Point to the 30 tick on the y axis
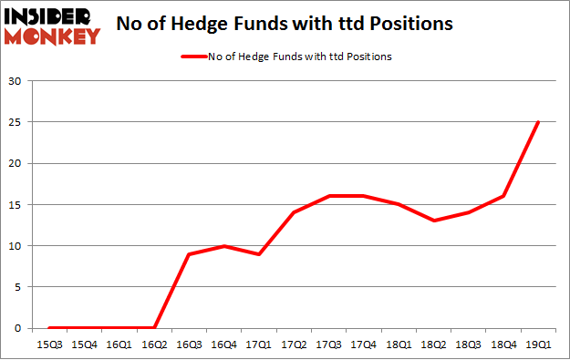[16, 81]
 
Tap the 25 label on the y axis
[16, 122]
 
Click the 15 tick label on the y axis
[16, 204]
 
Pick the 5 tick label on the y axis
[18, 286]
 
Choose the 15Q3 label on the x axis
[49, 344]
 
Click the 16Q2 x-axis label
[154, 344]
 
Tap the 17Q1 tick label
[259, 344]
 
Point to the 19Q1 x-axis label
[538, 344]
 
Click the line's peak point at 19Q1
[538, 122]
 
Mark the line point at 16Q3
[189, 253]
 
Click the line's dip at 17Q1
[259, 253]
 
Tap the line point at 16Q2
[154, 327]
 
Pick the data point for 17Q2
[294, 212]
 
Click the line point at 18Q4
[503, 196]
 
